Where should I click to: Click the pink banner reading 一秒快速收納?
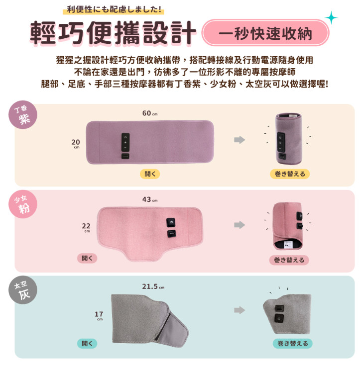point(265,33)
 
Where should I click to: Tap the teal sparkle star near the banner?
point(331,17)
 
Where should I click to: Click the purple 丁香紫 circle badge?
point(23,114)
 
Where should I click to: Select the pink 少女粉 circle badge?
point(23,204)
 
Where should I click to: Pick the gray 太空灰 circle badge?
point(23,290)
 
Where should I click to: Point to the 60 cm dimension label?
point(150,113)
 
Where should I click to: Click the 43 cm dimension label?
point(150,199)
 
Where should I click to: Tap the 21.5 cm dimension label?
point(153,286)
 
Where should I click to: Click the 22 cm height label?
point(86,227)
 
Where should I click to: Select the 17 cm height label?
point(99,315)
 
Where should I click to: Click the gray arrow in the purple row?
point(240,140)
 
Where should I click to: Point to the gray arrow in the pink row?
point(240,225)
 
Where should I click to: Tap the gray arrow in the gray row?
point(240,310)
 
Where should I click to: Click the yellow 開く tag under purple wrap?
point(150,174)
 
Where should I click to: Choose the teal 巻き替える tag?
point(293,344)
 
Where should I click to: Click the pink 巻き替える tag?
point(289,260)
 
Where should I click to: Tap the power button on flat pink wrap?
point(171,222)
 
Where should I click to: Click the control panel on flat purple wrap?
point(125,142)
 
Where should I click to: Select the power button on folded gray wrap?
point(279,318)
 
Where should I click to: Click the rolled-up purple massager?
point(289,138)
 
